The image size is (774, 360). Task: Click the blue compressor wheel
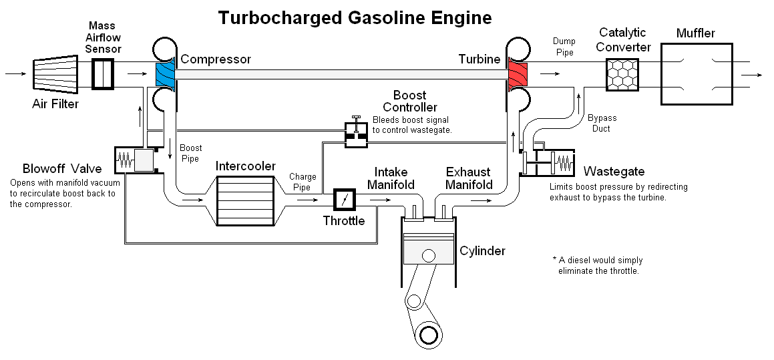coord(164,73)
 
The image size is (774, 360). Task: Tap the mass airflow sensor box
coord(103,73)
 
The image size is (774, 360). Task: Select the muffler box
coord(697,73)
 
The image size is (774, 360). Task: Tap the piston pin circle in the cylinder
coord(427,256)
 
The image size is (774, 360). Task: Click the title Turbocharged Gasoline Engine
coord(355,17)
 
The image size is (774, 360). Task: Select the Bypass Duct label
coord(602,124)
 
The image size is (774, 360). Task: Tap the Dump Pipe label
coord(564,47)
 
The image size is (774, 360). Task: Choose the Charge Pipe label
coord(302,182)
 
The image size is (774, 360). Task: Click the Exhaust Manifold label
coord(469,178)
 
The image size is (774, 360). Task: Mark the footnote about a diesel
coord(597,265)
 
